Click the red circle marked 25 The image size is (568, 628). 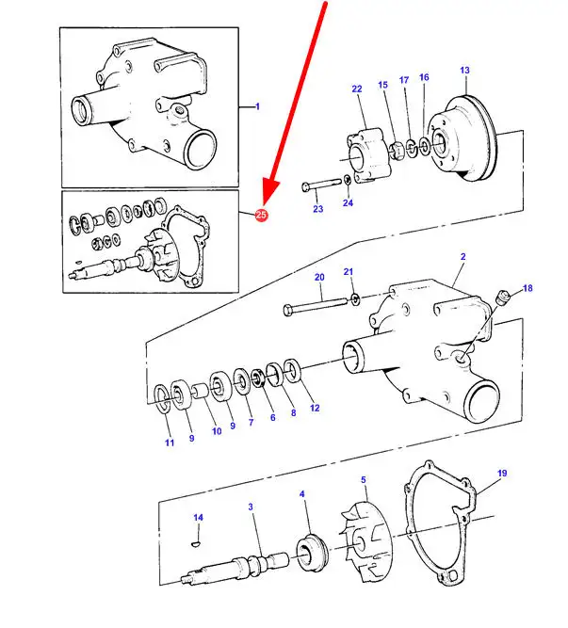(x=261, y=216)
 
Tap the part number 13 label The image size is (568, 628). (x=464, y=71)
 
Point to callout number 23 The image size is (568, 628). (x=317, y=208)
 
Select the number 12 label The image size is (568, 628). (x=315, y=408)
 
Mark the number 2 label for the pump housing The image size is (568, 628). (x=463, y=256)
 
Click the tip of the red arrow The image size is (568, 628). (x=267, y=204)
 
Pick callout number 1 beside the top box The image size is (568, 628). (x=256, y=107)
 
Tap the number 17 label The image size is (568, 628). (x=403, y=80)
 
